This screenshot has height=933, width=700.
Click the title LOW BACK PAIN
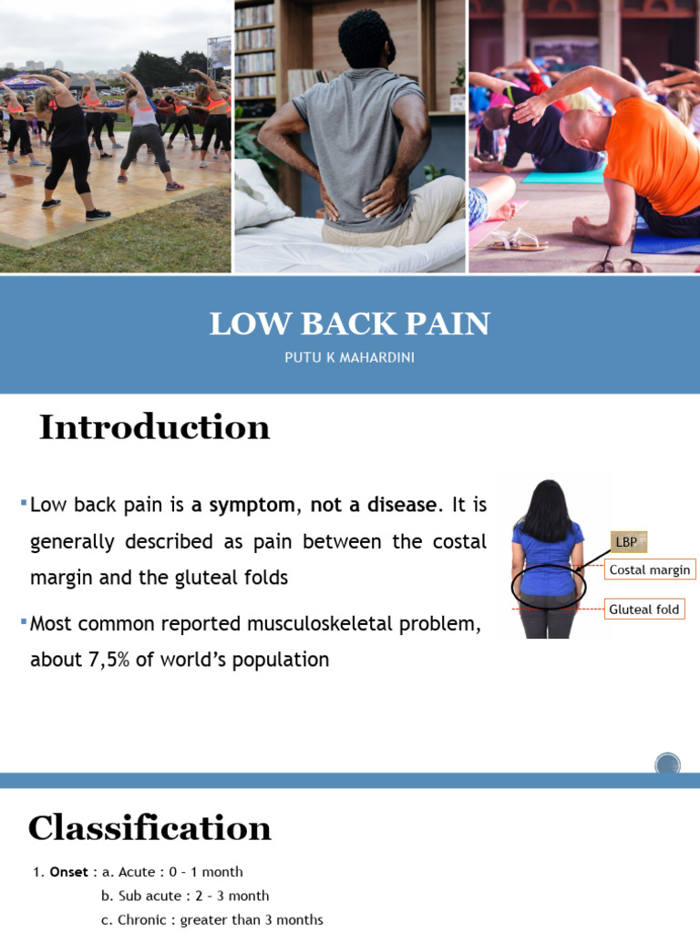tap(350, 323)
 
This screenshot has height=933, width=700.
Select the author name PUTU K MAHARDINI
tap(350, 358)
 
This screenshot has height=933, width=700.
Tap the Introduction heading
tap(154, 427)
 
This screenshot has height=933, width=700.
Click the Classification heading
tap(149, 828)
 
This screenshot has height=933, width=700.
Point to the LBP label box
tap(626, 542)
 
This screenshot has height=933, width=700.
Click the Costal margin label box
tap(650, 570)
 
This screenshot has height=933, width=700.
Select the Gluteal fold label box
tap(644, 609)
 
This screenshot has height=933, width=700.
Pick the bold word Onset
tap(69, 872)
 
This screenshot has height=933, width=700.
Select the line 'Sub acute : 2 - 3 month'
tap(185, 896)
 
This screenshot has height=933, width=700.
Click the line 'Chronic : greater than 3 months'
tap(211, 919)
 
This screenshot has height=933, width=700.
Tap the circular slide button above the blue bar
tap(668, 764)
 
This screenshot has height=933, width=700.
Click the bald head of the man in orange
tap(582, 128)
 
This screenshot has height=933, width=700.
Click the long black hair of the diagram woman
tap(547, 510)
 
